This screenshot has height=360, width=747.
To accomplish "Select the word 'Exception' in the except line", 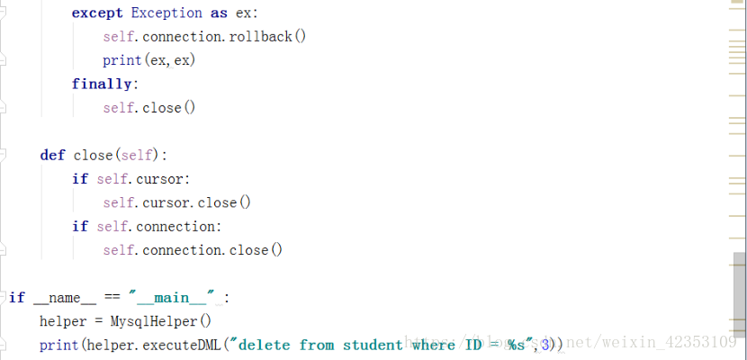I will tap(166, 13).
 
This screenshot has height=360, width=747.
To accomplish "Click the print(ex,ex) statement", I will tap(148, 60).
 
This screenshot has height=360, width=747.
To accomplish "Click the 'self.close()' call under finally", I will tap(148, 107).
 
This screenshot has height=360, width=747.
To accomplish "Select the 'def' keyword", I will tap(52, 155).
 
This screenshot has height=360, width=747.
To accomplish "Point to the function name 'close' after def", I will tap(93, 155).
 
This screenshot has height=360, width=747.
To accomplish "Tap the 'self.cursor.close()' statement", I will tap(176, 202).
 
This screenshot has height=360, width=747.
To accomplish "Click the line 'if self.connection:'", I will tap(147, 226).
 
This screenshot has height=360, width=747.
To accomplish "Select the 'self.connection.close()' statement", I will tap(193, 250).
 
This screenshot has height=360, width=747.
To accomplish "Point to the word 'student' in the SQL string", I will tap(373, 345).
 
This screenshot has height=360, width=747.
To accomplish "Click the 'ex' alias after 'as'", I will tap(245, 13).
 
